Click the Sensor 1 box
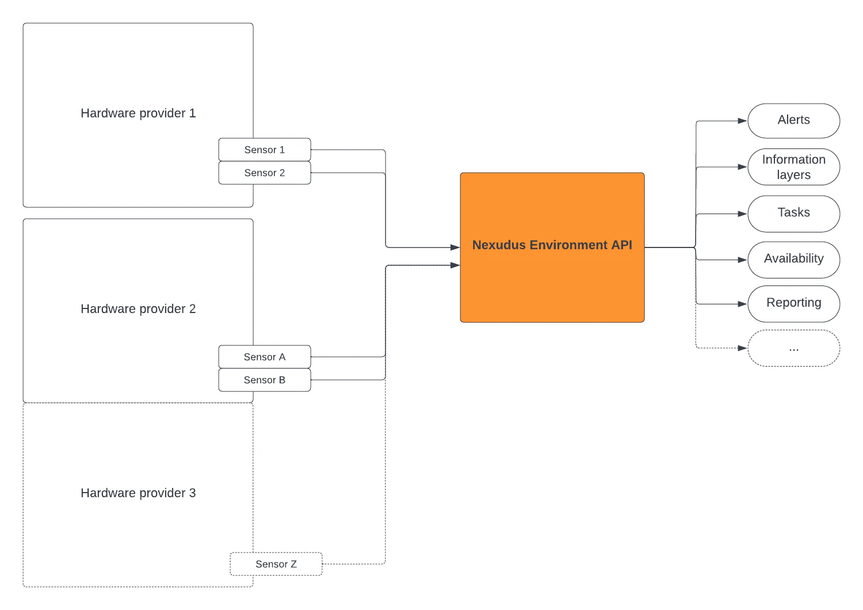(265, 150)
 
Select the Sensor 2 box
(265, 173)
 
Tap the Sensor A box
(265, 357)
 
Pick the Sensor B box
(265, 380)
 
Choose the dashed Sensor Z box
(276, 564)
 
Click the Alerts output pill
(793, 120)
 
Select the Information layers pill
(793, 167)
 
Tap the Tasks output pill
(793, 213)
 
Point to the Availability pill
(793, 259)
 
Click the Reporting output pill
(793, 303)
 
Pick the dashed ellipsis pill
(793, 348)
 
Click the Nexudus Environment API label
(552, 245)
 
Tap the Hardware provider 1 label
(138, 113)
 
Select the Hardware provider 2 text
(138, 309)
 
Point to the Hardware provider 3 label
(138, 493)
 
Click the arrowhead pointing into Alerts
(742, 121)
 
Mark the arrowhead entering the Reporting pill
(742, 304)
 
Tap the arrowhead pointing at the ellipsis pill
(742, 348)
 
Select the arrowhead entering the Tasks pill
(742, 214)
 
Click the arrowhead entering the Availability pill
(742, 260)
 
